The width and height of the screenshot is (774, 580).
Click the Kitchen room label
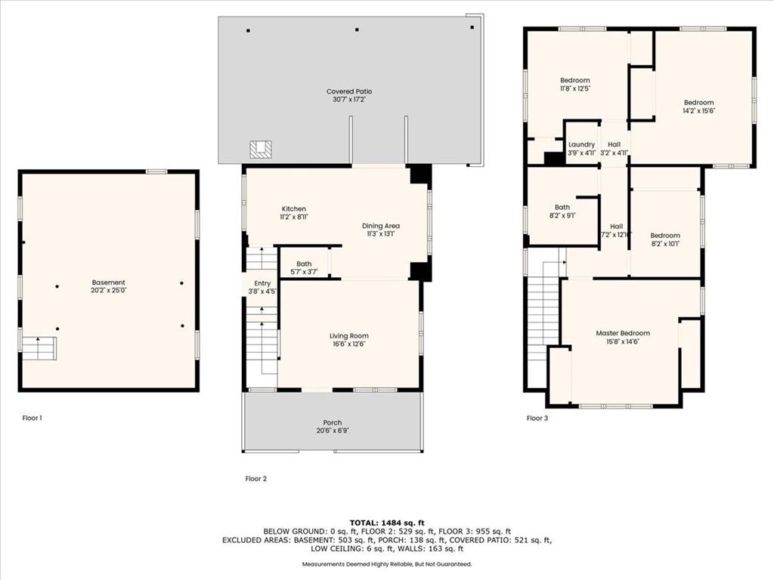pos(294,208)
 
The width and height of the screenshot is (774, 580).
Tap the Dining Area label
pos(381,226)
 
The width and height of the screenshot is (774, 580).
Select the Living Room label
pos(349,336)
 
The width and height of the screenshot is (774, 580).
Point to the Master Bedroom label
pos(623,333)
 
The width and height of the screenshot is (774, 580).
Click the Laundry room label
pos(581,144)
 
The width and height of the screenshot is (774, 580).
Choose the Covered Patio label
pos(349,91)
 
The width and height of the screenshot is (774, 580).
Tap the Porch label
pos(333,423)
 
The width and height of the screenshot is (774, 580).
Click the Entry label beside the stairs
pos(262,283)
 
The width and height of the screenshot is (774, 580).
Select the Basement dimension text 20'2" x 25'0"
pos(109,291)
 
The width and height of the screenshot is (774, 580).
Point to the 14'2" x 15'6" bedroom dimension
pos(698,111)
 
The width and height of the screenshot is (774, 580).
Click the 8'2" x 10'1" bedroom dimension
pos(665,244)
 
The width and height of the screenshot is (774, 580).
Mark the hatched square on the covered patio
pos(261,150)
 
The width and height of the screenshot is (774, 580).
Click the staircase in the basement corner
pos(39,348)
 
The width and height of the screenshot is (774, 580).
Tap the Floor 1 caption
pos(32,418)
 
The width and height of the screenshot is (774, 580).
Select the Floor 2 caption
pos(255,478)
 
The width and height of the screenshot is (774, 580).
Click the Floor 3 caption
pos(537,418)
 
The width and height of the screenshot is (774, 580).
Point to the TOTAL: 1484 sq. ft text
pos(387,523)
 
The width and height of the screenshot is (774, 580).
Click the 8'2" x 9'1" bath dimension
pos(562,215)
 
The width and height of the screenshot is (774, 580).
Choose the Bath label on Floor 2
pos(304,264)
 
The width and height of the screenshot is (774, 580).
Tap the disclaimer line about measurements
pos(387,563)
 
